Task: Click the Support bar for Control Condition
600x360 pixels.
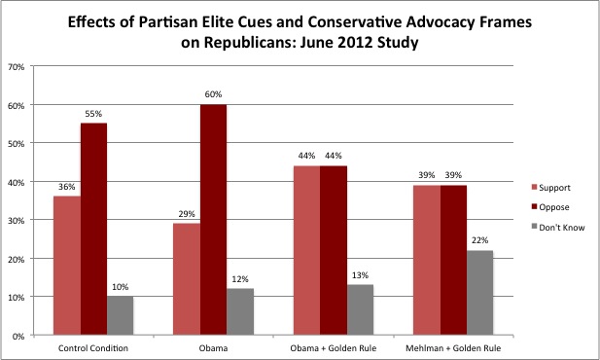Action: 67,266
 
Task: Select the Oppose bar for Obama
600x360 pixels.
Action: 214,220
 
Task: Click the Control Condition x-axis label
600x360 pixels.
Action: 93,347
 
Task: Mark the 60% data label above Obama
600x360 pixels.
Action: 214,94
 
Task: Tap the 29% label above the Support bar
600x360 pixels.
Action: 187,213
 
